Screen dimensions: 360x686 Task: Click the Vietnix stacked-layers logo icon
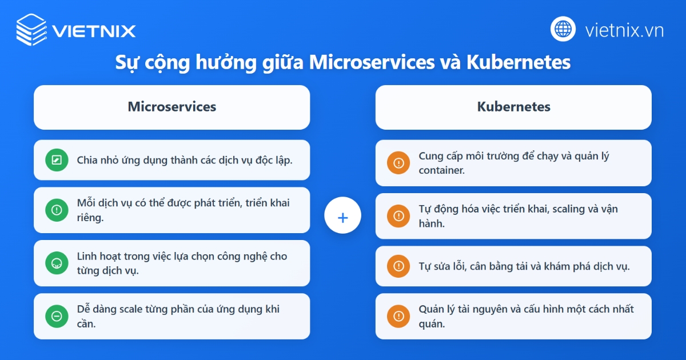[31, 29]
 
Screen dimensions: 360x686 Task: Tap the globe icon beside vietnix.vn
[563, 29]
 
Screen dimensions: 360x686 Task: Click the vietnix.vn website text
[624, 30]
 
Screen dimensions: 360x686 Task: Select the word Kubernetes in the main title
[519, 62]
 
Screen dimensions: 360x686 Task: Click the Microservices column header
[171, 107]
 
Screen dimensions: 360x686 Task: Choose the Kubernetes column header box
[513, 107]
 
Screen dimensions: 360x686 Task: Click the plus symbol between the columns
[342, 217]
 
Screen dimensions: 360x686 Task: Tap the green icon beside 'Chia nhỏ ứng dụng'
[57, 160]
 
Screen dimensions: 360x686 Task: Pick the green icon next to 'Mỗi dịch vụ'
[57, 210]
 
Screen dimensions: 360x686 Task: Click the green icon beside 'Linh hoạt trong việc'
[57, 263]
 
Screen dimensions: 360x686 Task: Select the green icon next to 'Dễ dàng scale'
[57, 316]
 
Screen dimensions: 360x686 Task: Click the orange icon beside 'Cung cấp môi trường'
[398, 163]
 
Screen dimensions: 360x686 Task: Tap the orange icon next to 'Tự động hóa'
[398, 216]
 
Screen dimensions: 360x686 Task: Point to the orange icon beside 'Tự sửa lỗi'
[398, 266]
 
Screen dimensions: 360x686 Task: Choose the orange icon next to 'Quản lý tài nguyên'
[398, 316]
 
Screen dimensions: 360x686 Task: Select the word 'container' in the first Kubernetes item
[441, 170]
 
